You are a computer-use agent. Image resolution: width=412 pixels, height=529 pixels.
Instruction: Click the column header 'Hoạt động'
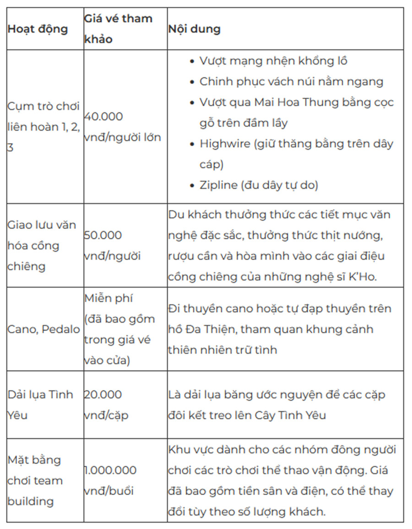38,29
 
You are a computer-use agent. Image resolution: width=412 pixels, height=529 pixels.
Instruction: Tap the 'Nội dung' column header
194,29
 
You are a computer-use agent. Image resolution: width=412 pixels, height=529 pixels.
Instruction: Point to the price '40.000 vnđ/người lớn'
122,127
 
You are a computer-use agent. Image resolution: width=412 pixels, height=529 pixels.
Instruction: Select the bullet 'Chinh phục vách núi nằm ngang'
291,82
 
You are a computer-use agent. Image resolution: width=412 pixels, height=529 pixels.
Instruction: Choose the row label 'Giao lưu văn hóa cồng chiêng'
42,245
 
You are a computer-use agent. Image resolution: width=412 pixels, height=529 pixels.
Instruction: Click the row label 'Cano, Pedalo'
43,329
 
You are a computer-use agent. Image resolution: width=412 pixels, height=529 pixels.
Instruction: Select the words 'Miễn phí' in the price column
108,298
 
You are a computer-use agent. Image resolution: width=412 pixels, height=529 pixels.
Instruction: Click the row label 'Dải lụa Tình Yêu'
40,405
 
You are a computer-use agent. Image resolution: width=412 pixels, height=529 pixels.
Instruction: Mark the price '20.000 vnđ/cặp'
106,405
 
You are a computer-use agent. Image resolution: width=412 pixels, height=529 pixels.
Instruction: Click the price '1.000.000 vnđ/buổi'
110,480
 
